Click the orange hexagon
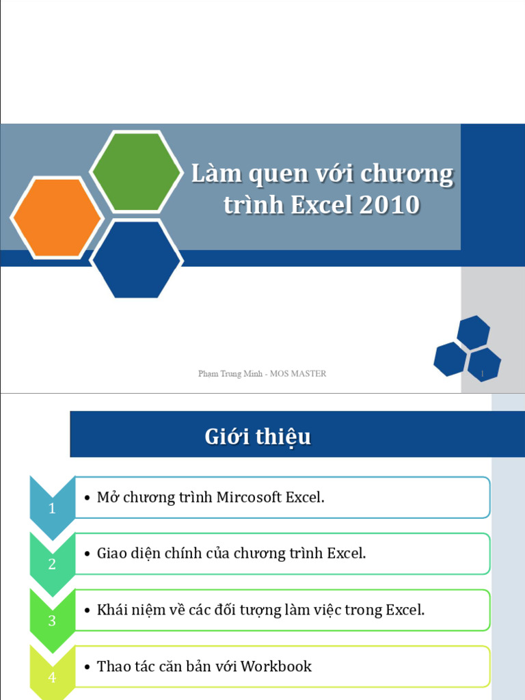click(x=56, y=217)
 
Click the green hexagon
click(x=137, y=171)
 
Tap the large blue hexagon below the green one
click(x=137, y=260)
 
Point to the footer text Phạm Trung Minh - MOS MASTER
click(x=262, y=373)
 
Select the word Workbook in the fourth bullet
click(x=276, y=666)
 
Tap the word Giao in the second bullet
click(x=112, y=553)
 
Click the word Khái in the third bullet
click(x=113, y=610)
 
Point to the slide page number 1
click(x=483, y=374)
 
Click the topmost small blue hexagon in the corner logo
click(x=473, y=332)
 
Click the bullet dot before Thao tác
click(x=87, y=667)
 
